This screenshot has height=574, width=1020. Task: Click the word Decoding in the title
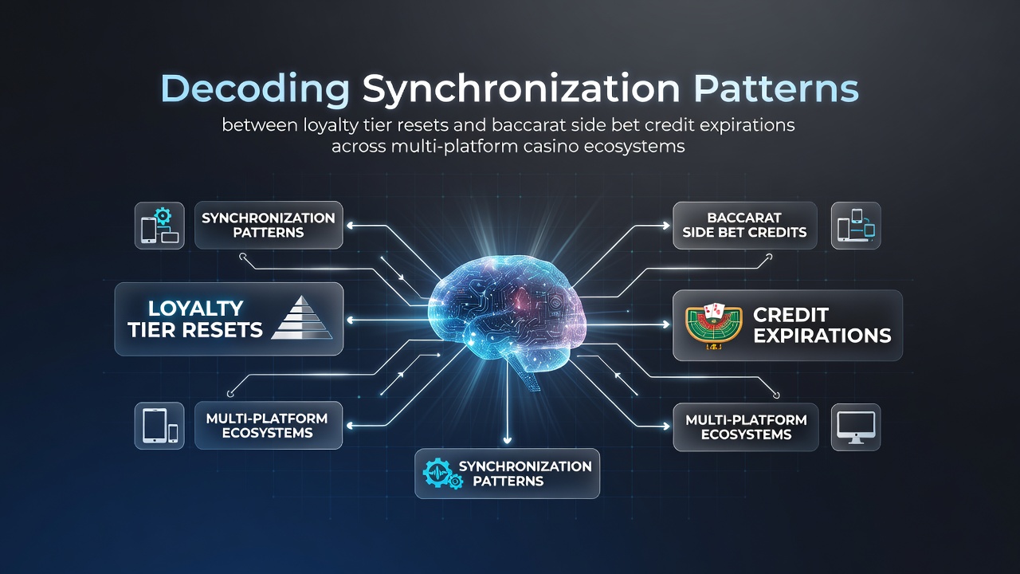click(255, 88)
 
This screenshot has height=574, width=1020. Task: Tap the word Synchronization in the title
click(521, 88)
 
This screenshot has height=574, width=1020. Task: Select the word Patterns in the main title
click(776, 88)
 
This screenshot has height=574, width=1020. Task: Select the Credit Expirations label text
click(822, 325)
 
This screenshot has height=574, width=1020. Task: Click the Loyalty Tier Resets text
click(195, 319)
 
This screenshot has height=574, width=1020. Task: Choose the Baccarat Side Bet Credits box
click(745, 226)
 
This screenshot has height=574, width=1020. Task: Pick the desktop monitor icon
click(856, 427)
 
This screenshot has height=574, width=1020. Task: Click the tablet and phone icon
click(160, 426)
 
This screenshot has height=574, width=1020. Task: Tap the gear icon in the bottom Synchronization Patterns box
click(442, 474)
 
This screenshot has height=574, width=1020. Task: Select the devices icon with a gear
click(160, 226)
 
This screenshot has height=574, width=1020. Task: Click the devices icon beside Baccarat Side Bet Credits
click(856, 226)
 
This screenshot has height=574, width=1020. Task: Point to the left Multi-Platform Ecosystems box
click(269, 426)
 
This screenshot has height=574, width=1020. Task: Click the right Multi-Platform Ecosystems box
click(746, 427)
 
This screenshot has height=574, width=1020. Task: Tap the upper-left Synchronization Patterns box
click(269, 225)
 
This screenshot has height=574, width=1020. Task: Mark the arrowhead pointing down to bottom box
click(507, 440)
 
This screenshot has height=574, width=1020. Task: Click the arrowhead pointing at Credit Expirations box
click(667, 324)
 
